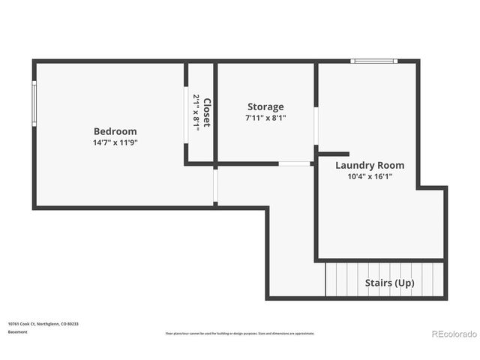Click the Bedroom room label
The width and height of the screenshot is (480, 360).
pos(115,131)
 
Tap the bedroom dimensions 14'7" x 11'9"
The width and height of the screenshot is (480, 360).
pos(115,142)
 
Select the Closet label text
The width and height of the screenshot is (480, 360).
pos(207,112)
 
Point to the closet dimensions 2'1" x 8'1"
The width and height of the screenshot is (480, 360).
pos(196,112)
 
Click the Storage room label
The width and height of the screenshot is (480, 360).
pos(265,107)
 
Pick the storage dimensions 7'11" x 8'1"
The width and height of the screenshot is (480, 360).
pos(265,118)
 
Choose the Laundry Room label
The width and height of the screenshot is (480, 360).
pos(370,165)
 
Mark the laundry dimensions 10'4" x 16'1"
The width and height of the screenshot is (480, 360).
pos(370,177)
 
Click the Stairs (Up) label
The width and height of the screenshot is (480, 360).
pos(389,283)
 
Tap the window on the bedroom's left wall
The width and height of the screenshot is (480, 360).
pos(34,103)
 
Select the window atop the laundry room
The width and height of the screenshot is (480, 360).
pos(373,61)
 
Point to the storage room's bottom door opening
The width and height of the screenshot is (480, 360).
pos(294,163)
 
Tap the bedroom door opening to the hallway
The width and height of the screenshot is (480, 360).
pos(215,186)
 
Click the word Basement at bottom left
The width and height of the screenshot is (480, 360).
pos(17,331)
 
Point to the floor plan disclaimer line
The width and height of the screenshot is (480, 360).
pos(240,334)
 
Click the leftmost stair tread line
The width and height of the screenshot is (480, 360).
pos(326,279)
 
